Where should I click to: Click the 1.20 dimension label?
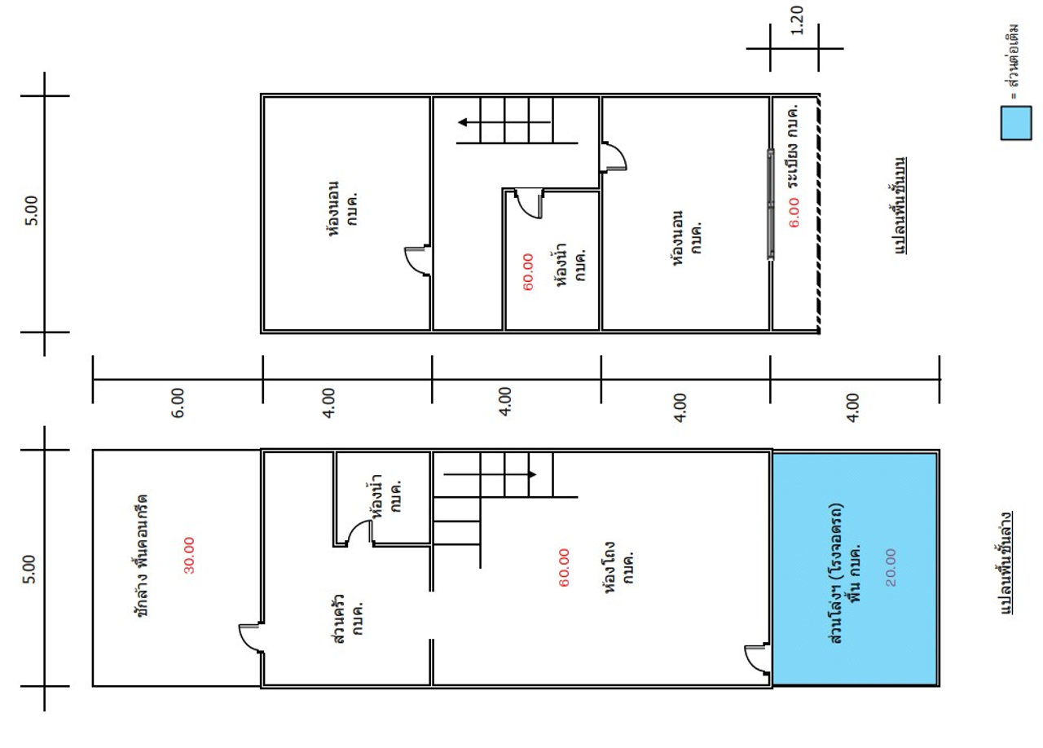[x=797, y=21]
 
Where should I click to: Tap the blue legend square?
[x=1016, y=123]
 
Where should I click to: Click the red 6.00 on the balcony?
[x=794, y=213]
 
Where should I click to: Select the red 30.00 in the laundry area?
[x=189, y=555]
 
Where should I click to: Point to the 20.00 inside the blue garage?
[x=891, y=567]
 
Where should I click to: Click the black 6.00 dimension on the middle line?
[x=178, y=403]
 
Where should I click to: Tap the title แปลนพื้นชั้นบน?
[x=900, y=206]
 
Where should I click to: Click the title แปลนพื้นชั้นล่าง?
[x=1006, y=564]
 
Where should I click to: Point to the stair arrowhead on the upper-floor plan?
[x=462, y=122]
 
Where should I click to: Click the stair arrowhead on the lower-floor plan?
[x=532, y=474]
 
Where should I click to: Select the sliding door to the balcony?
[x=771, y=204]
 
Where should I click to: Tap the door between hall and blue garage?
[x=758, y=658]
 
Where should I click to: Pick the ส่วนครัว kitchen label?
[x=348, y=619]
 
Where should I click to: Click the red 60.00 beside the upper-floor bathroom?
[x=528, y=272]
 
